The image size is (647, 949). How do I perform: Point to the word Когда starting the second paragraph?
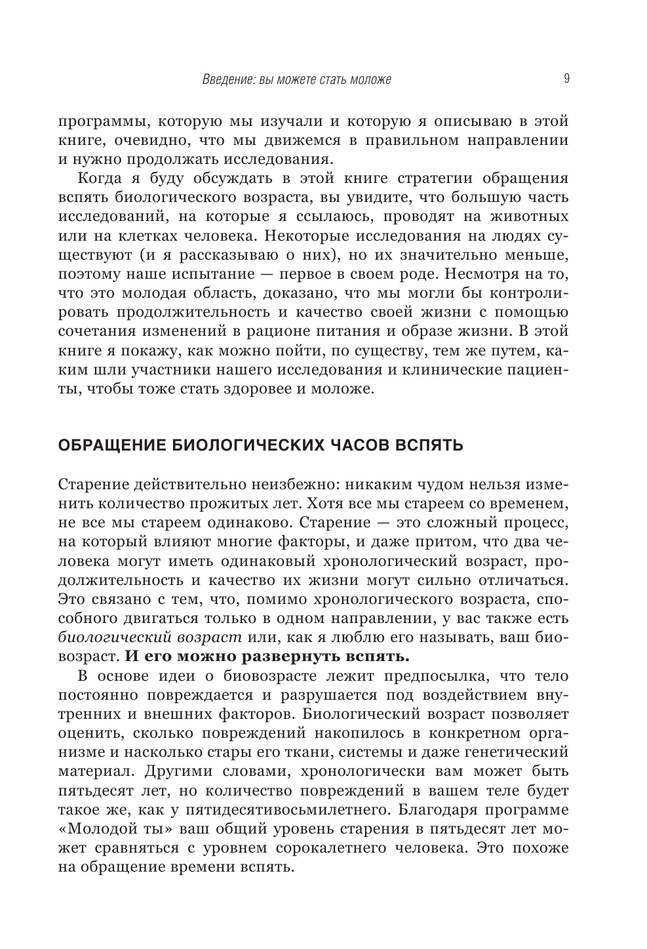[x=100, y=178]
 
